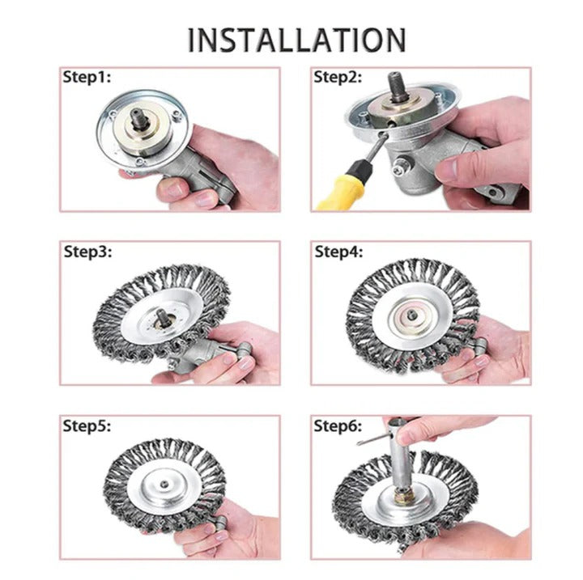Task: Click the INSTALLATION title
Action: coord(296,39)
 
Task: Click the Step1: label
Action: coord(87,78)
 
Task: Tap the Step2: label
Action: coord(338,78)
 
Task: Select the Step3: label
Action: coord(88,251)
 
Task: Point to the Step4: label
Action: coord(339,251)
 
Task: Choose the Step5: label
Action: coord(88,425)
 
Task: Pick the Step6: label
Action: coord(339,425)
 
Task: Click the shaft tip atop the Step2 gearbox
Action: coord(401,84)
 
